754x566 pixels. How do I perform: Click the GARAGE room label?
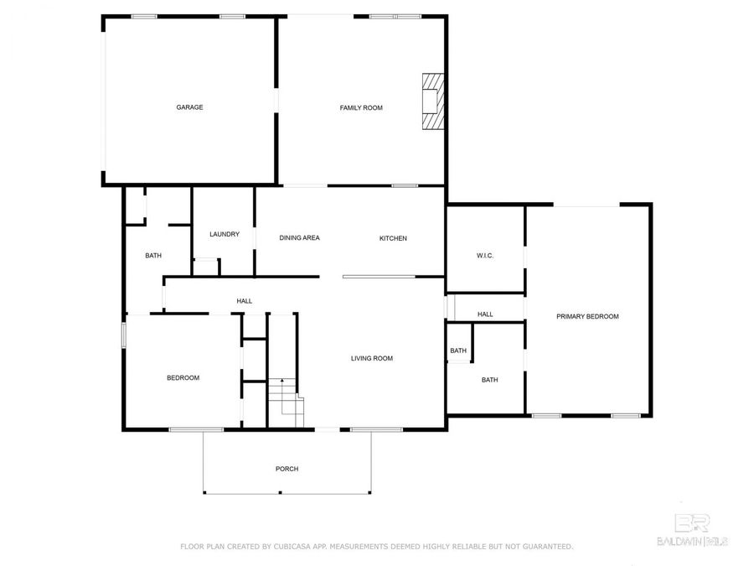[189, 107]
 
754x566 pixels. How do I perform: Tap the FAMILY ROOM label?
[361, 107]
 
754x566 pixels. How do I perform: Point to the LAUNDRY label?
[225, 235]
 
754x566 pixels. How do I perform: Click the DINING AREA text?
[299, 238]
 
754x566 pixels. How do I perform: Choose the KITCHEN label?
[393, 238]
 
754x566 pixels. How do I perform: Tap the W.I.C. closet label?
[485, 255]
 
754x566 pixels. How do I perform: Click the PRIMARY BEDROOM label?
[587, 316]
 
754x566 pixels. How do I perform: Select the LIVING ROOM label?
[371, 359]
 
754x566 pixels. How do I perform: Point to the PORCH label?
[287, 469]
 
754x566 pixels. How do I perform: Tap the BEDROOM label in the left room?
[183, 378]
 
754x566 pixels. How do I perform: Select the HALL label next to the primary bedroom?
[485, 314]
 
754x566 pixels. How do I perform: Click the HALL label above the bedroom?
[244, 301]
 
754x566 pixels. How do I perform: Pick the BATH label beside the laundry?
[153, 256]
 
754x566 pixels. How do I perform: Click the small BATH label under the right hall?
[458, 351]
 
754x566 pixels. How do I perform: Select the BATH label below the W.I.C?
[489, 380]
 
